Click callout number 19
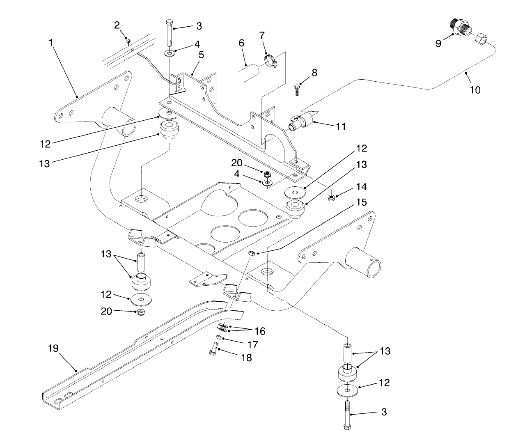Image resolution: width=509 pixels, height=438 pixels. [53, 349]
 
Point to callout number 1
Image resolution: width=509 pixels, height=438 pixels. [51, 42]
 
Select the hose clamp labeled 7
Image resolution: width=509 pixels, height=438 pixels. [270, 60]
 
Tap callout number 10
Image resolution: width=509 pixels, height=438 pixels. [475, 89]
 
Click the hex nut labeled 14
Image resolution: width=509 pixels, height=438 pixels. [331, 198]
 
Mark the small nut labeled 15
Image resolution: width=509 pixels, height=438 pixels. [252, 253]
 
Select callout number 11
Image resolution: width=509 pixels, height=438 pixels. [341, 126]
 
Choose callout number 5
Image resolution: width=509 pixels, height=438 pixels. [201, 54]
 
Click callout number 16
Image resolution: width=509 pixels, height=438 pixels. [260, 331]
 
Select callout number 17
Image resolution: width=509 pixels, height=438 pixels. [253, 344]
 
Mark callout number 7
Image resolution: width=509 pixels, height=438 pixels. [262, 35]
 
